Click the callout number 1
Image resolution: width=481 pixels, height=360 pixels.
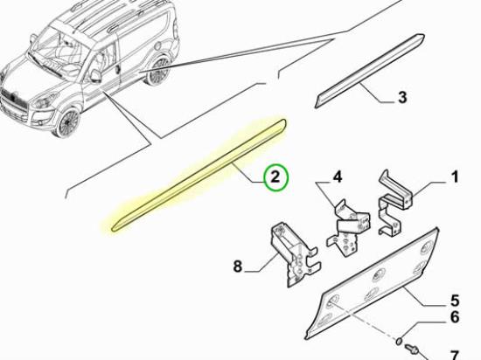coord(455,177)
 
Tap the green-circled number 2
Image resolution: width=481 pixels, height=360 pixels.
coord(275,177)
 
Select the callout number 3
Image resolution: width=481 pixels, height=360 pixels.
coord(402,97)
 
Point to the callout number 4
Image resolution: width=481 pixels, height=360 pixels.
coord(337,177)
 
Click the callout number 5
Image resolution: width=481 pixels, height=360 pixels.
coord(454,301)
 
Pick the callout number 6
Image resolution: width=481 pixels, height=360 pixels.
coord(454,316)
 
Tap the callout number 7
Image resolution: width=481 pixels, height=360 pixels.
coord(454,356)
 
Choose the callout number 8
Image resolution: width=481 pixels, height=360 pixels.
coord(237,266)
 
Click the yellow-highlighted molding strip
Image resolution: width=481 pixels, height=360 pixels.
coord(199,176)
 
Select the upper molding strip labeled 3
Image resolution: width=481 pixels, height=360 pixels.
coord(370,71)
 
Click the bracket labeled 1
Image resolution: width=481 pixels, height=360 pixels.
coord(394,202)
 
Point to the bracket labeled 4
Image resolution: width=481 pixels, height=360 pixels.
coord(348,226)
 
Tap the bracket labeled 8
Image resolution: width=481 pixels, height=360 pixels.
coord(295,254)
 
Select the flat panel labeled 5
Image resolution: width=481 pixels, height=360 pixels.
coord(373,283)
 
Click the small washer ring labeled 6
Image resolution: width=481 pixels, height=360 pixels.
coord(399,341)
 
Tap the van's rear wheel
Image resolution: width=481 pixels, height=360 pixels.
coord(159,70)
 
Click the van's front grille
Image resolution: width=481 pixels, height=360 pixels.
coord(13,100)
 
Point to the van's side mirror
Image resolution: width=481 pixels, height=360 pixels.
coord(95,76)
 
